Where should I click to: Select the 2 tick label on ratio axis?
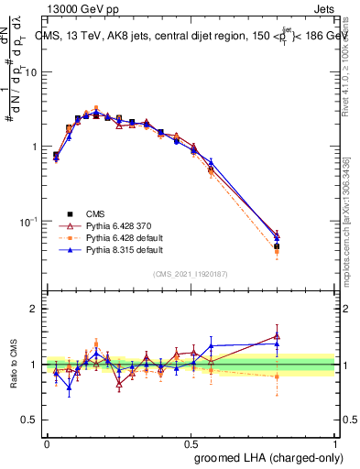(34, 309)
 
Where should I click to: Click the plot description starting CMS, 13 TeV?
(191, 37)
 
